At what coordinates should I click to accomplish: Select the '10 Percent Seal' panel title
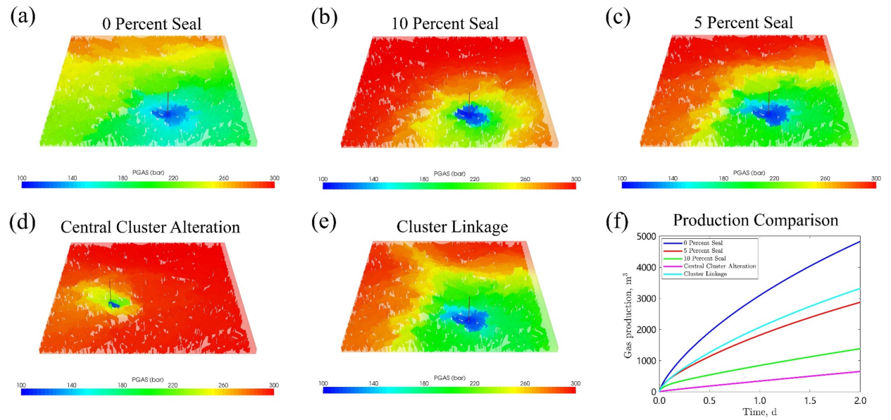point(445,23)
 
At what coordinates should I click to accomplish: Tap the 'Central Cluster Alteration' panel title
point(151,227)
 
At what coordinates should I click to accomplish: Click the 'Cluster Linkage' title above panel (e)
point(442,227)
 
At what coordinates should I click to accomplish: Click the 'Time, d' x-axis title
point(758,412)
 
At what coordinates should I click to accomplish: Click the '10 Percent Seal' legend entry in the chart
point(705,258)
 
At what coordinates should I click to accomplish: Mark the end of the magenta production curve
point(859,371)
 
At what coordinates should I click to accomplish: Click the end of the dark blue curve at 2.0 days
point(859,242)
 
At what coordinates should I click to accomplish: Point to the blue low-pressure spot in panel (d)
point(114,304)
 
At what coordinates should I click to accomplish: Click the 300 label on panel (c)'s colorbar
point(875,178)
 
